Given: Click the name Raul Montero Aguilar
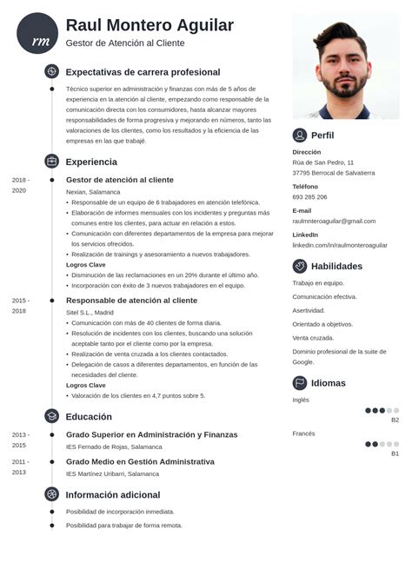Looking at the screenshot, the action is coord(150,25).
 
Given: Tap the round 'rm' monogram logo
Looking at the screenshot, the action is coord(37,34).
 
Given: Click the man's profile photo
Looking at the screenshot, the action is coord(345,66).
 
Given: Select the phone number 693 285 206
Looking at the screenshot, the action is coord(309,197).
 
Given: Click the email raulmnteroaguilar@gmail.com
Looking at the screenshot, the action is coord(334,222).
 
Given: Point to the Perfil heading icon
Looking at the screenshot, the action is coord(300,136).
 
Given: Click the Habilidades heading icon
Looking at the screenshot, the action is coord(300,266).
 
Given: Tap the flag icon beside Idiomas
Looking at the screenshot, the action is coord(300,383).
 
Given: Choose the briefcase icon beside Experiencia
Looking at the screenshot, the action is coord(51,162).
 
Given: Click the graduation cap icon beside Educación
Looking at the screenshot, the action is coord(51,416).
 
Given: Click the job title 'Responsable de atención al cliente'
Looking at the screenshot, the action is coord(131,301).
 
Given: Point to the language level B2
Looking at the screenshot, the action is coord(395,420).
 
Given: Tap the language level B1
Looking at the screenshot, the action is coord(395,453).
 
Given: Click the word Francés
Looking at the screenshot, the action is coord(303,433).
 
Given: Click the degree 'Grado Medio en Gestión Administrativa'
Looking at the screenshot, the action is coord(140,461).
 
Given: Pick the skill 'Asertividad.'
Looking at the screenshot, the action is coord(309,311).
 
